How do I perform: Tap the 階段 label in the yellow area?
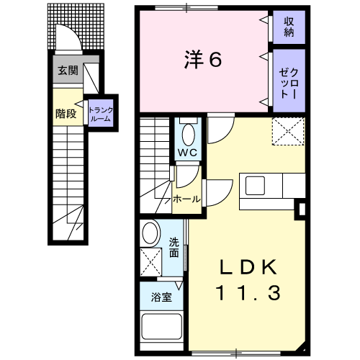(x=66, y=114)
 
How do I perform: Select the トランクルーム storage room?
(x=101, y=113)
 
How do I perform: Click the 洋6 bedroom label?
(x=203, y=60)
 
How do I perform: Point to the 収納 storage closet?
(x=289, y=27)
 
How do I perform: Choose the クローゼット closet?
(x=289, y=81)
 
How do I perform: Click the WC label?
(x=187, y=153)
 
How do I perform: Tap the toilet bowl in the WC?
(x=189, y=135)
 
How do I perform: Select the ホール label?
(x=186, y=199)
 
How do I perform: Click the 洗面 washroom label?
(x=174, y=248)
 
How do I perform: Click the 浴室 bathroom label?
(x=161, y=297)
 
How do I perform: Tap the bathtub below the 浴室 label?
(x=161, y=327)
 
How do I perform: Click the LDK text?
(x=248, y=267)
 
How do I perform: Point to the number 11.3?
(x=248, y=293)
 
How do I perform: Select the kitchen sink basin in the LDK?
(x=255, y=186)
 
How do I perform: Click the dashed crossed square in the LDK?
(x=288, y=131)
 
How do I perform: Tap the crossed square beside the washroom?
(x=151, y=262)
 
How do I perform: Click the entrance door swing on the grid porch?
(x=68, y=37)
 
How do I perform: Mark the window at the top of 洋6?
(x=186, y=8)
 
